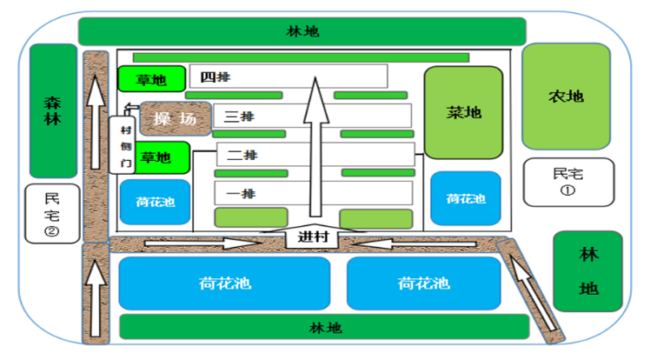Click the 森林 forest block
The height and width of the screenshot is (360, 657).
click(53, 110)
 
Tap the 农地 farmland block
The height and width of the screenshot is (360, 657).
click(565, 96)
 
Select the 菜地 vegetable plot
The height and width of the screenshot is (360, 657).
click(463, 112)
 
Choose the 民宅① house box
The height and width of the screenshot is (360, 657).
click(568, 181)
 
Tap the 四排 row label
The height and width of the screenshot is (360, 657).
click(216, 77)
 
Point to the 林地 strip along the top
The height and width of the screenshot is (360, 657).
click(302, 31)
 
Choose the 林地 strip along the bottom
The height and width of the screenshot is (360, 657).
click(323, 328)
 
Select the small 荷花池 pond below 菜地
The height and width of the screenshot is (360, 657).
click(466, 198)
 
